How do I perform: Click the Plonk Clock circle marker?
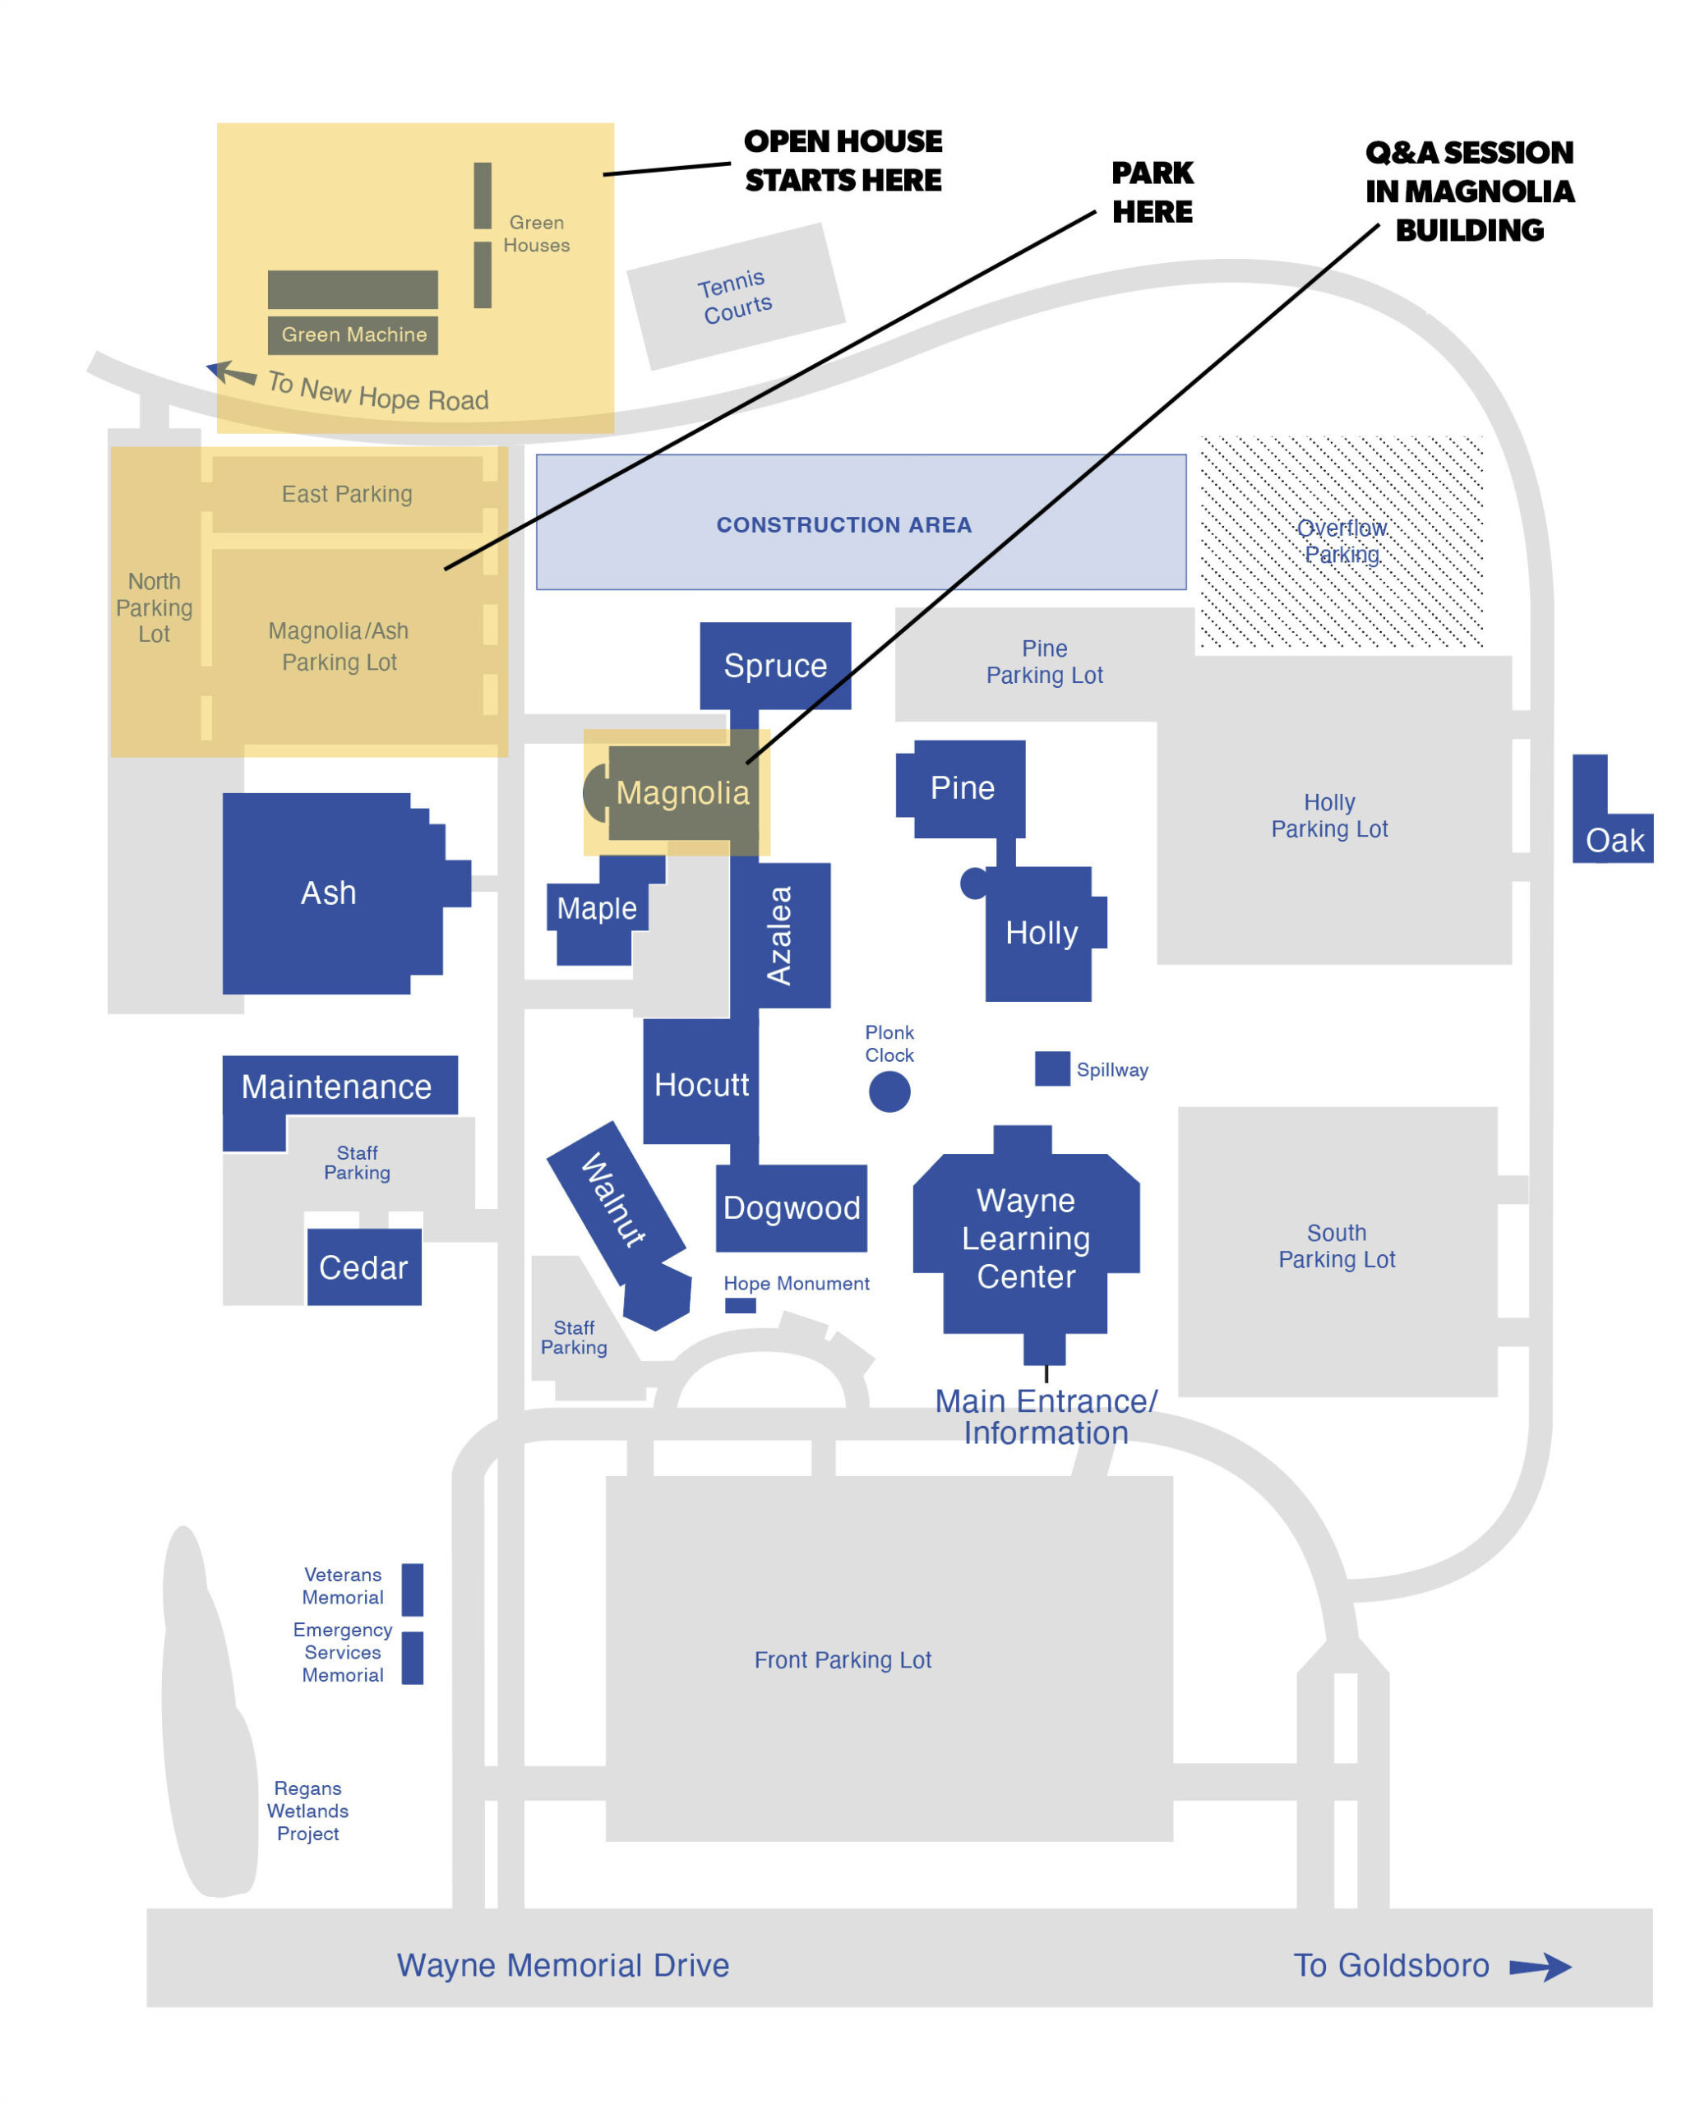(x=889, y=1091)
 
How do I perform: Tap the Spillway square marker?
(x=1051, y=1069)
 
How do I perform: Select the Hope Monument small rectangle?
(x=741, y=1305)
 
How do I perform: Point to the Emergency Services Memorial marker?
(x=413, y=1658)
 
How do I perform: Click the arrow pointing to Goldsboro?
(x=1541, y=1967)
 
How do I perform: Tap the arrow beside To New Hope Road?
(x=231, y=373)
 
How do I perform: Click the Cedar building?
(x=364, y=1267)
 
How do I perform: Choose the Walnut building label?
(x=614, y=1199)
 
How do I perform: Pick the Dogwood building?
(x=792, y=1208)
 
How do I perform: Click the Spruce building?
(x=775, y=666)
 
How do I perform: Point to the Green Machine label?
(x=354, y=335)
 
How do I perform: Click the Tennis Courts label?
(x=736, y=297)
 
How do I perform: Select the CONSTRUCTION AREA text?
(x=844, y=525)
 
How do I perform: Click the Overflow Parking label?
(x=1342, y=542)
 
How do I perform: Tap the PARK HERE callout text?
(x=1153, y=193)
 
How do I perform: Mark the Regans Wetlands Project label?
(x=307, y=1811)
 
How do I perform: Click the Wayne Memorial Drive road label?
(x=563, y=1966)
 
